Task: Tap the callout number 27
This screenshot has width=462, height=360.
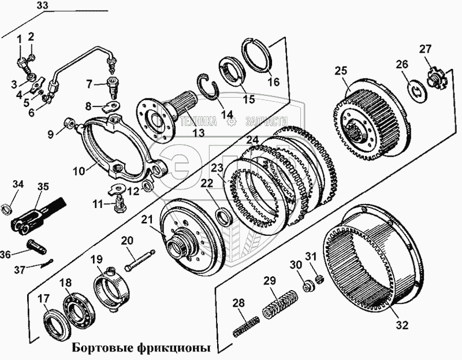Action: [x=426, y=50]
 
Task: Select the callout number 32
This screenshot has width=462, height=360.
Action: [x=401, y=325]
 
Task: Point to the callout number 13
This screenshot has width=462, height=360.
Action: [x=198, y=133]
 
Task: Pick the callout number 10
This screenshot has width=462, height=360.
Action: [x=80, y=170]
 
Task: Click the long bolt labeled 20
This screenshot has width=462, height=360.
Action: [x=139, y=259]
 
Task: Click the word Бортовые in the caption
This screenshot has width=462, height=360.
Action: [x=102, y=348]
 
